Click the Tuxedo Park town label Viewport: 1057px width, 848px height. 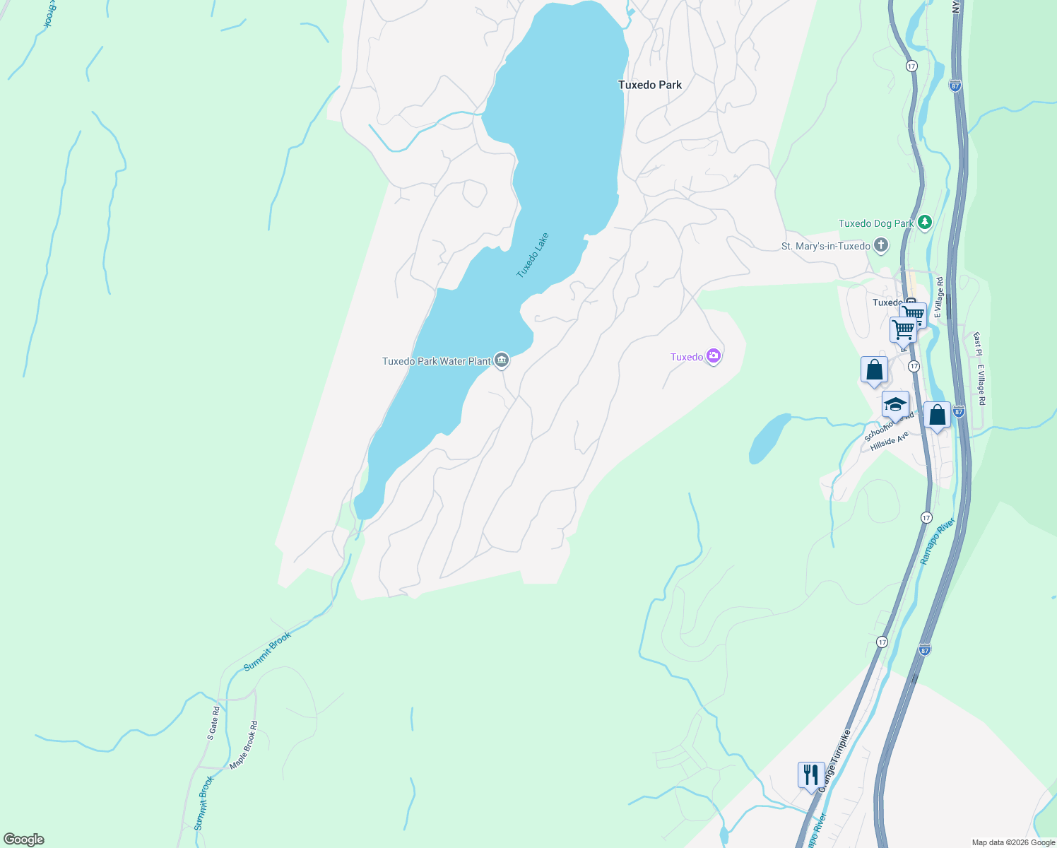pyautogui.click(x=649, y=85)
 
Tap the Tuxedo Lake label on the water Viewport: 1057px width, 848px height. pyautogui.click(x=532, y=255)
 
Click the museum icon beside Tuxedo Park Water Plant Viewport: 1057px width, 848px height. pyautogui.click(x=502, y=360)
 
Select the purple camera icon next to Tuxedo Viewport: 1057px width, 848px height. pyautogui.click(x=714, y=356)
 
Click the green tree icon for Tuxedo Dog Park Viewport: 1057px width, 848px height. pyautogui.click(x=924, y=223)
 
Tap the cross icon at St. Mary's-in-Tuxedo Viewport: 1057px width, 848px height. pyautogui.click(x=880, y=246)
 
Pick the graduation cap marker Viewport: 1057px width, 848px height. pyautogui.click(x=895, y=406)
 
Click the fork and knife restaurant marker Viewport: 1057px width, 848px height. pyautogui.click(x=811, y=775)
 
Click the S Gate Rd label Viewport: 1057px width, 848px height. pyautogui.click(x=213, y=723)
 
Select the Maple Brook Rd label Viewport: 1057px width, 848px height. pyautogui.click(x=243, y=746)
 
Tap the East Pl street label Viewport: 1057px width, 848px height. pyautogui.click(x=978, y=344)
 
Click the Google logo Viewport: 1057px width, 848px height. pyautogui.click(x=24, y=840)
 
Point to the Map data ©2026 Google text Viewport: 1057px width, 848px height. pyautogui.click(x=1012, y=842)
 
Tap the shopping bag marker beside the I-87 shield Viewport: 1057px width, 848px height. pyautogui.click(x=937, y=416)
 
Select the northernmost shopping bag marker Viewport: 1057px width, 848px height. pyautogui.click(x=874, y=370)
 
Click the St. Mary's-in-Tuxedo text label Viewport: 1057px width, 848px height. pyautogui.click(x=825, y=247)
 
